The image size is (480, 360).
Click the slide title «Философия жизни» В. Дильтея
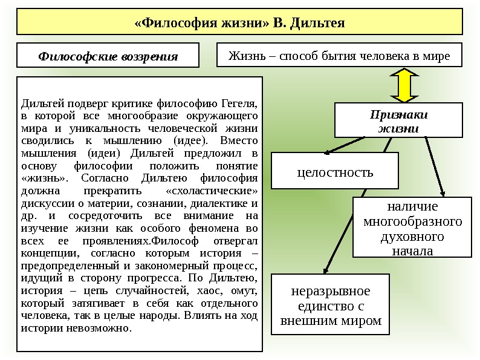[x=239, y=23]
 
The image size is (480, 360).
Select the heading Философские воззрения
[x=108, y=56]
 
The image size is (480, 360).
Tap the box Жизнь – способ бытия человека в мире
[x=339, y=56]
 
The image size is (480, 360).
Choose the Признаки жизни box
[x=398, y=120]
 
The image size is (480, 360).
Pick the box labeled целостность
[x=335, y=171]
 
